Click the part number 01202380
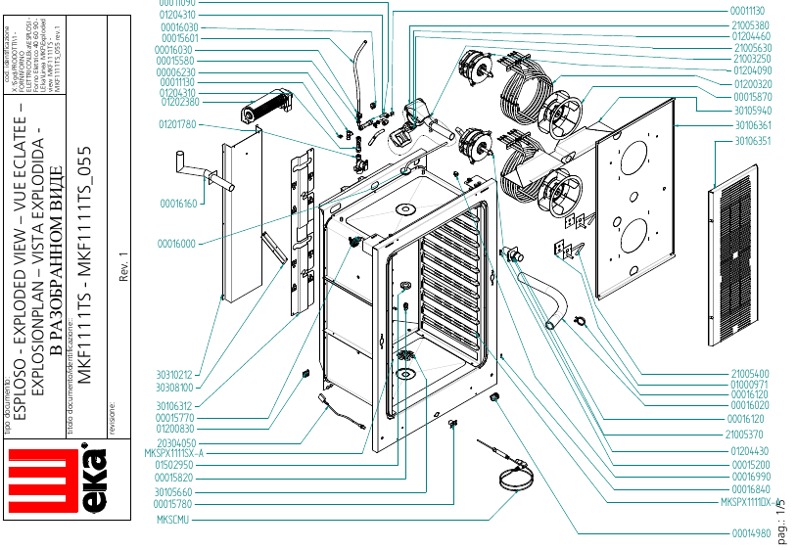[x=178, y=102]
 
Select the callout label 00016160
[x=178, y=204]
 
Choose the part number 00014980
[x=751, y=534]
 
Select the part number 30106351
[x=751, y=141]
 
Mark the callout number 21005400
[x=750, y=374]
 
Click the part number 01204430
[x=750, y=450]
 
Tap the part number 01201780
[x=178, y=125]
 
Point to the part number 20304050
[x=176, y=443]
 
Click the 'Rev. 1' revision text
[x=125, y=264]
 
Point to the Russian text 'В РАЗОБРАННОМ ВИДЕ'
[x=56, y=259]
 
